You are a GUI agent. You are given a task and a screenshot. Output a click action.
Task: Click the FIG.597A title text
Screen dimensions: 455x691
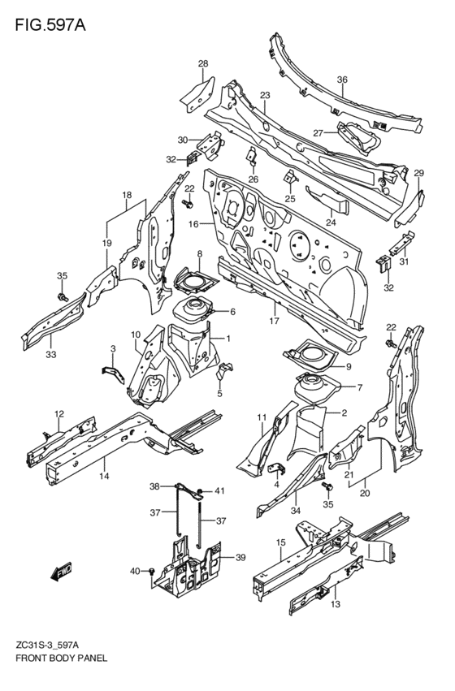tap(50, 25)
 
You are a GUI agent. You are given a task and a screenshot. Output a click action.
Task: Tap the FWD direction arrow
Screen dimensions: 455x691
tap(61, 572)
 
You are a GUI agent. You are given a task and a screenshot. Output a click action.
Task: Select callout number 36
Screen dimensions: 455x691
tap(342, 80)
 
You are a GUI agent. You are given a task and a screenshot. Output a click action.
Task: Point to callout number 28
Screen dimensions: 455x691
tap(203, 64)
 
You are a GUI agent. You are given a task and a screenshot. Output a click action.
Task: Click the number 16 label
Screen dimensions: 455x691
tap(193, 224)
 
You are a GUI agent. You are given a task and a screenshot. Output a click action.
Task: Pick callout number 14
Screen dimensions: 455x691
tap(104, 476)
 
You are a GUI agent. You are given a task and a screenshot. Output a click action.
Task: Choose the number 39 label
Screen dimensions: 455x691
tap(240, 558)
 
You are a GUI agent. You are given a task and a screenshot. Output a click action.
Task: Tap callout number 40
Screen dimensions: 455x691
tap(135, 572)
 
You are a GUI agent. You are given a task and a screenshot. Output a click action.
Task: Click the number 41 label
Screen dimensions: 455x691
tap(219, 490)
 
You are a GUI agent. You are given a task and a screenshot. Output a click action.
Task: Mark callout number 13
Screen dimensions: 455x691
tap(336, 604)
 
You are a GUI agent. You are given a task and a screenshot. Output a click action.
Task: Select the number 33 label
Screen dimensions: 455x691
tap(51, 354)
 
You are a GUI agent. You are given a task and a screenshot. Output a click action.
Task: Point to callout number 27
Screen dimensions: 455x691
tap(318, 132)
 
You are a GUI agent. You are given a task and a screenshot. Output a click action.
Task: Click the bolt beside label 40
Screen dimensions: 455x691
tap(152, 572)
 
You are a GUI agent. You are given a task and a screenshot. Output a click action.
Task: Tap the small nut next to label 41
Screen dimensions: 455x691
tap(199, 491)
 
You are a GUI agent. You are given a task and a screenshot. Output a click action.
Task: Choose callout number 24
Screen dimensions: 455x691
tap(331, 222)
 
